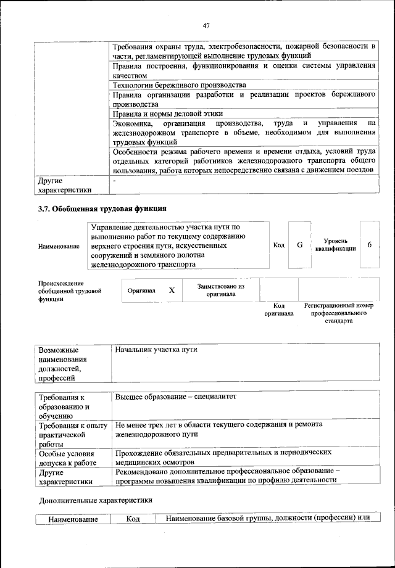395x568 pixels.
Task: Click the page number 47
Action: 206,25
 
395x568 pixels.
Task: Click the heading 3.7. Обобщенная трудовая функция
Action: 102,209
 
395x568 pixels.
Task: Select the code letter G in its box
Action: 299,245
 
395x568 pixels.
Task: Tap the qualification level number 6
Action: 369,245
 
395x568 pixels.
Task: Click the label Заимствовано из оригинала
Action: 221,290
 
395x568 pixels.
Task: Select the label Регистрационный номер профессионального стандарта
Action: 339,313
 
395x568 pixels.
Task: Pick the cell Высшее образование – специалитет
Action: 175,397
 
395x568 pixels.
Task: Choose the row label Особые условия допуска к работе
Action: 68,457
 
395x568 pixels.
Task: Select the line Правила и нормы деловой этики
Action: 168,114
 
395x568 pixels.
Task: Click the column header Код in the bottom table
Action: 133,519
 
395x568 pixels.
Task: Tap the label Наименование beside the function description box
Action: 59,247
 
